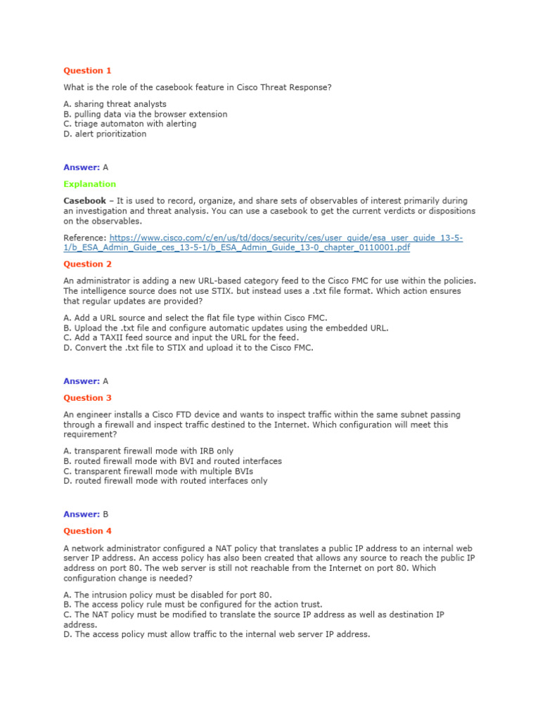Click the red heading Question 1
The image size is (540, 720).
(x=87, y=70)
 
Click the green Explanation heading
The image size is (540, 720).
(x=89, y=184)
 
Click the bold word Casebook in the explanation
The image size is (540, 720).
(x=84, y=201)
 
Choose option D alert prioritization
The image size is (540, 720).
(x=105, y=134)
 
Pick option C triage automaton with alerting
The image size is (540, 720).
(x=129, y=124)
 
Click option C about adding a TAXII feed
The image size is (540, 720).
(x=181, y=337)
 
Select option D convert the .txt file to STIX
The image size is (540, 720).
(x=188, y=347)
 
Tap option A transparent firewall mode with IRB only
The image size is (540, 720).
(x=148, y=451)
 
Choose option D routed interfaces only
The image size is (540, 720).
(x=165, y=481)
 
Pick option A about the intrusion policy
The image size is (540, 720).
(x=167, y=594)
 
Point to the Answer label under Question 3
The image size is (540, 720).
(x=81, y=514)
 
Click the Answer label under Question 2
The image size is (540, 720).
(x=81, y=381)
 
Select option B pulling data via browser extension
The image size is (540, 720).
(x=145, y=114)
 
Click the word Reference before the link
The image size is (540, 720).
(x=84, y=238)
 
